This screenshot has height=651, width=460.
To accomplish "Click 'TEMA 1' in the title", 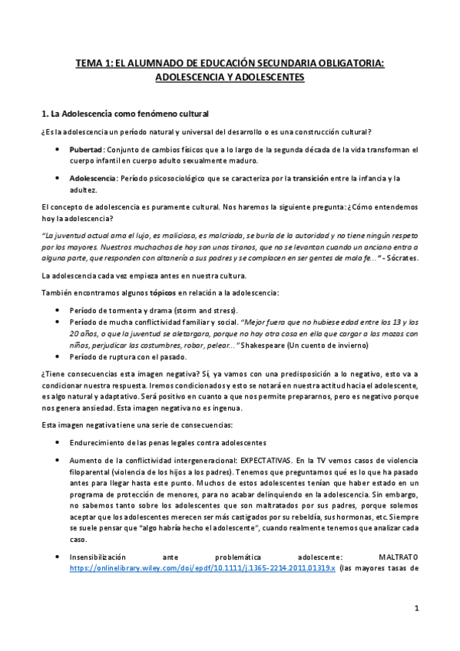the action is pos(95,64).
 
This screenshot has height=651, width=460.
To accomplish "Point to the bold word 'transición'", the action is pos(316,179).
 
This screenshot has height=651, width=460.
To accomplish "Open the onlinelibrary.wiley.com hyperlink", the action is pos(202,569).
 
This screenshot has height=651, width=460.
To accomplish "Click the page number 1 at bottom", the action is pos(416,609).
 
